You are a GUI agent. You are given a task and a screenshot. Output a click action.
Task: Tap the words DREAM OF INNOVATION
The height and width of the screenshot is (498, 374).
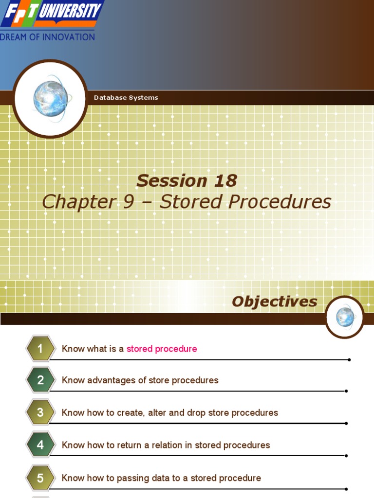(47, 37)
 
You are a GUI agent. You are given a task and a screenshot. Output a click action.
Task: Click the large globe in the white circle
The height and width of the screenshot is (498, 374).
(50, 98)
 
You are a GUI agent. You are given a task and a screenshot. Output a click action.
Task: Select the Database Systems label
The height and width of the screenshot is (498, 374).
(126, 98)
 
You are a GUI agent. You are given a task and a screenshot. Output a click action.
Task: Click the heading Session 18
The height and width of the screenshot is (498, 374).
(187, 180)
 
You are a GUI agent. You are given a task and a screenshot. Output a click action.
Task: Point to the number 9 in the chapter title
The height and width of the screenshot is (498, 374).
(128, 202)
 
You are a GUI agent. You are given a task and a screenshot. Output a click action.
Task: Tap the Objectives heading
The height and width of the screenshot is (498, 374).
(274, 302)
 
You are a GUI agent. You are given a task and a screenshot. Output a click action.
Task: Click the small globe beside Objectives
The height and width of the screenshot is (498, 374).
(345, 317)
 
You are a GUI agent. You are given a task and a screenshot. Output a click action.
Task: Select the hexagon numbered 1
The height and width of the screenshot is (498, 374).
(40, 349)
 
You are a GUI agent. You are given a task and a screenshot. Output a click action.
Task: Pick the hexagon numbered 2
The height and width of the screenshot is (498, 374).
(40, 380)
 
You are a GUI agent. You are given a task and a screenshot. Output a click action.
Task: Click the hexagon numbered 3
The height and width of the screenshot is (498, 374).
(40, 412)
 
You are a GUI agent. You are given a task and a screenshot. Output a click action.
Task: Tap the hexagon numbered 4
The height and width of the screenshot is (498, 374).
(40, 445)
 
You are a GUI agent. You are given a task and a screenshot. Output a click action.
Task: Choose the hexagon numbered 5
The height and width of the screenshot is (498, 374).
(40, 478)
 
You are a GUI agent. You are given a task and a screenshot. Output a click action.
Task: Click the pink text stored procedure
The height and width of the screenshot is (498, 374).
(162, 349)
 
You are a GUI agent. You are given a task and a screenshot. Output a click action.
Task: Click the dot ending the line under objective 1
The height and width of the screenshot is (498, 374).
(349, 360)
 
